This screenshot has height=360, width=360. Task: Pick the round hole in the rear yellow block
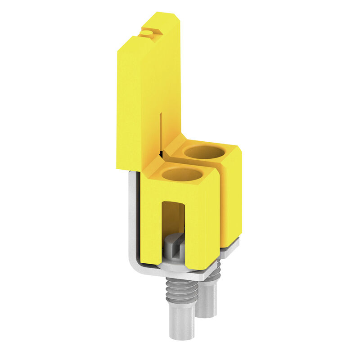tap(205, 153)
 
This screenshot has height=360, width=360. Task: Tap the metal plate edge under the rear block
tap(231, 245)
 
